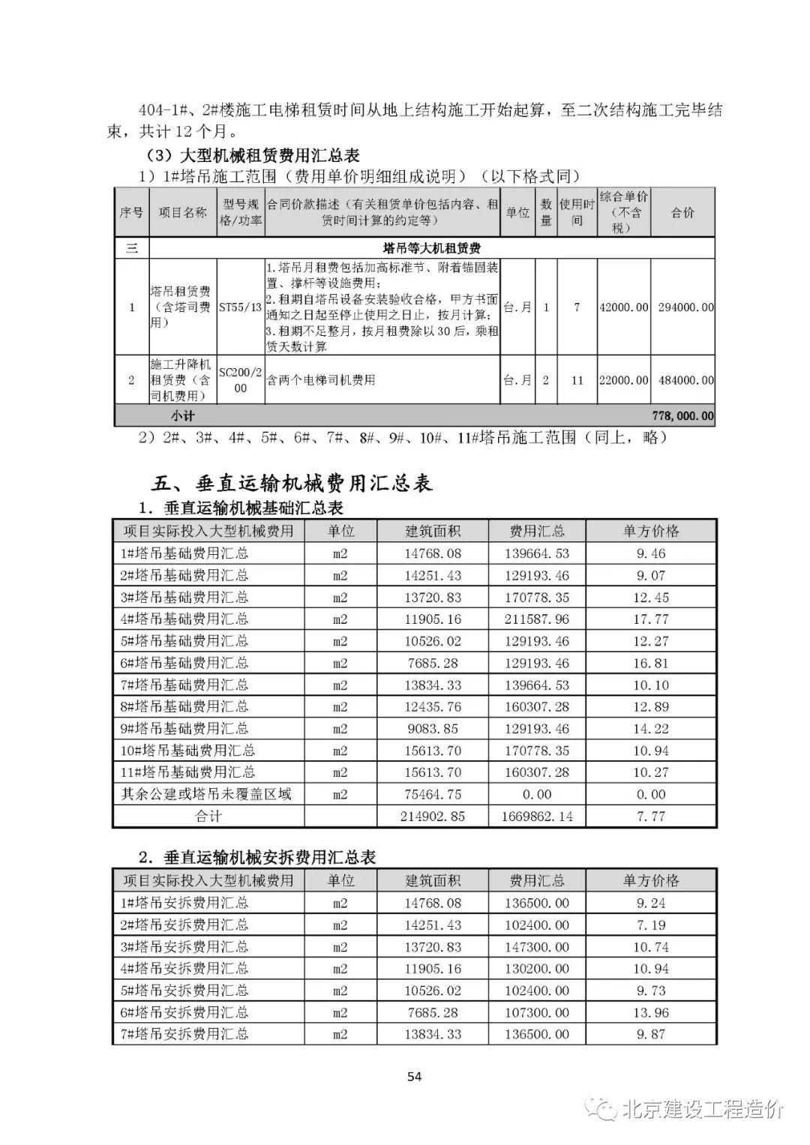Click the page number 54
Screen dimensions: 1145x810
[414, 1077]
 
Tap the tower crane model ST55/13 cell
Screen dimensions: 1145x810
[240, 307]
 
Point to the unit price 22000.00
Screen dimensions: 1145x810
[623, 380]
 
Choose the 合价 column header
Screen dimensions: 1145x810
[682, 213]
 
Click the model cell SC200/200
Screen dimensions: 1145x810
[240, 380]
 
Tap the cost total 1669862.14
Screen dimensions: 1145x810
[537, 816]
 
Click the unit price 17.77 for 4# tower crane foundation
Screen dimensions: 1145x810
[650, 619]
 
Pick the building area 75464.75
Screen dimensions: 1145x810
[433, 794]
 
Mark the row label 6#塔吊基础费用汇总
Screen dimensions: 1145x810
[184, 663]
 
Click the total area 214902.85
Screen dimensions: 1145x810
[433, 816]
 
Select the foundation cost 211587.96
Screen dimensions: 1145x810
[537, 619]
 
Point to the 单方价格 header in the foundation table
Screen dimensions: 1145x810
[650, 531]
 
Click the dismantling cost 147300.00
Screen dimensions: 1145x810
[537, 947]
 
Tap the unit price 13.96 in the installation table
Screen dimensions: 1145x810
[650, 1012]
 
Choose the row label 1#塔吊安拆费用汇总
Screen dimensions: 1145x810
[184, 903]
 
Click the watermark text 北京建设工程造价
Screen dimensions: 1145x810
[703, 1109]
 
